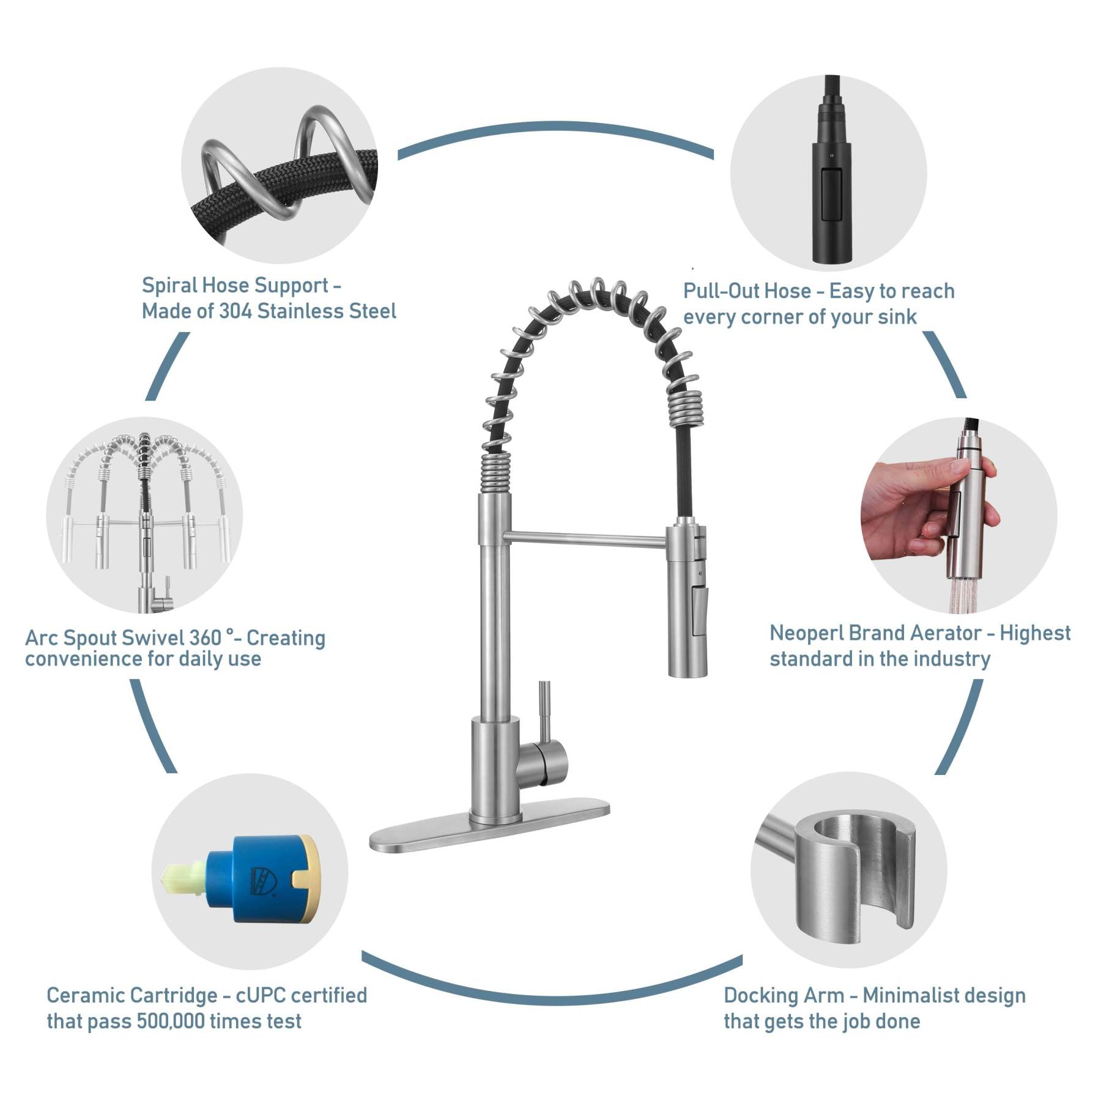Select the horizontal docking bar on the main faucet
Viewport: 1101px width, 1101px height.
point(584,538)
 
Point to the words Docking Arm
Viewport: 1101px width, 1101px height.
point(784,995)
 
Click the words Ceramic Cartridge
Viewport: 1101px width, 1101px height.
point(132,995)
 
